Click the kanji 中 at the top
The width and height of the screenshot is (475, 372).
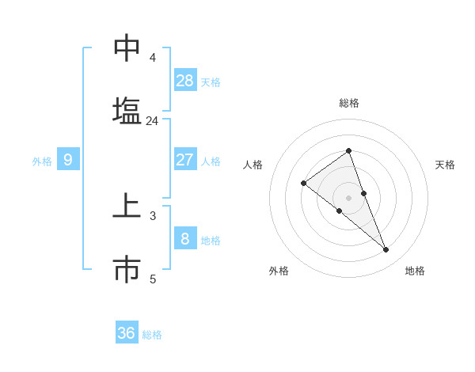pos(127,48)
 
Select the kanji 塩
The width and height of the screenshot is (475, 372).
pos(127,110)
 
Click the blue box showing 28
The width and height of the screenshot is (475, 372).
pos(185,80)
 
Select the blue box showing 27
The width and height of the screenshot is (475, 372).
pos(185,160)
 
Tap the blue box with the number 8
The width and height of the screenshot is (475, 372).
pos(185,238)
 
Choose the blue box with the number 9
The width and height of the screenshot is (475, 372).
pos(68,160)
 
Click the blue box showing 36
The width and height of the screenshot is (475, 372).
pos(127,333)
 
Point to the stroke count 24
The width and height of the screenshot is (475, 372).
pos(152,121)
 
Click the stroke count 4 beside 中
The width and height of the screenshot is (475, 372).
pos(152,58)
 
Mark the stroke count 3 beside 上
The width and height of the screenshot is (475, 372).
pos(152,215)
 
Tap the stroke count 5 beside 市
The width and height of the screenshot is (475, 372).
pos(152,279)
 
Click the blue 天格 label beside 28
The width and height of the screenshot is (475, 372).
pos(211,82)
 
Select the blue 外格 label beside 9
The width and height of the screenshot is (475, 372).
pos(42,161)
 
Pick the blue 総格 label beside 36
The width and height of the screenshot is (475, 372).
pos(152,335)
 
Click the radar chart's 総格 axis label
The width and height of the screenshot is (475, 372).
pos(348,103)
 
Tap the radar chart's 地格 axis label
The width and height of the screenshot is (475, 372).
pos(415,271)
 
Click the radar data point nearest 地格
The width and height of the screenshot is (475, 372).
pos(386,250)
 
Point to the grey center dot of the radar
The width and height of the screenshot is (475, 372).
pos(348,197)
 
